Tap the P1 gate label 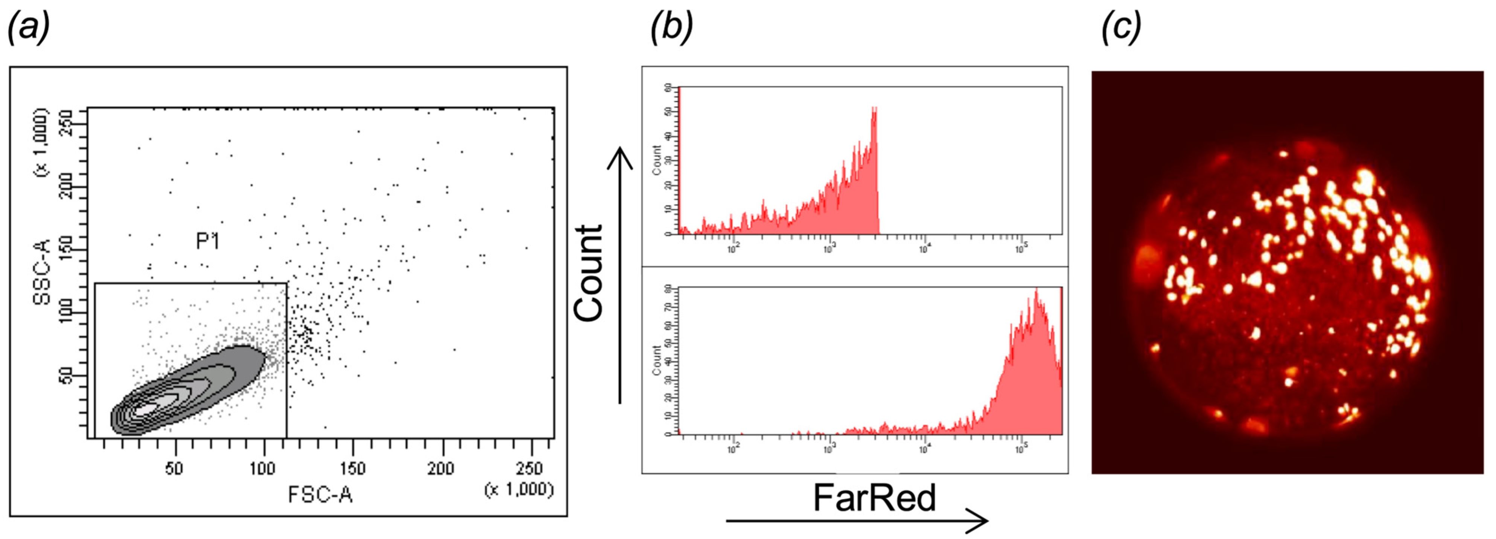pyautogui.click(x=207, y=241)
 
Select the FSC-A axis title pyautogui.click(x=321, y=495)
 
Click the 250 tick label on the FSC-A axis pyautogui.click(x=529, y=468)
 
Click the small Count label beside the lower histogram pyautogui.click(x=657, y=360)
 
